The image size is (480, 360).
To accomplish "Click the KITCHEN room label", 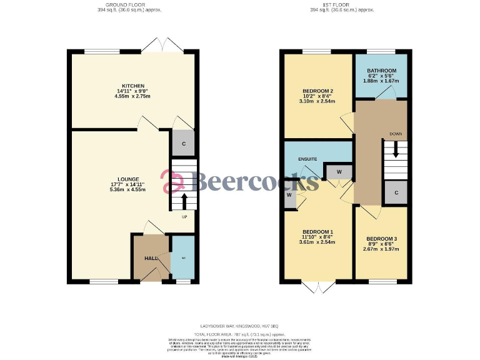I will pyautogui.click(x=133, y=86).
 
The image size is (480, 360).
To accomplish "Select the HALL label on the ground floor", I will pyautogui.click(x=151, y=258).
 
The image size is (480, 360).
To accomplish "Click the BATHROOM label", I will pyautogui.click(x=382, y=71).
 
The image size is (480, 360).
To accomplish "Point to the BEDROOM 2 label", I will pyautogui.click(x=317, y=91).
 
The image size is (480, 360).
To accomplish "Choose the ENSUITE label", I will pyautogui.click(x=307, y=159).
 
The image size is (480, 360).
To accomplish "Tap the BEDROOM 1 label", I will pyautogui.click(x=317, y=231).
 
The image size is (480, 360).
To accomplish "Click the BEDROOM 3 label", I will pyautogui.click(x=382, y=239).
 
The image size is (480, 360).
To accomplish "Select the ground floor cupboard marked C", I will pyautogui.click(x=183, y=144).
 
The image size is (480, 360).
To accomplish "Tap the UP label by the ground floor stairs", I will pyautogui.click(x=184, y=217).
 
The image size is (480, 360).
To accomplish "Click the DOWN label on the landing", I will pyautogui.click(x=396, y=134).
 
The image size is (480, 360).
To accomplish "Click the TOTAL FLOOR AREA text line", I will pyautogui.click(x=239, y=332).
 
